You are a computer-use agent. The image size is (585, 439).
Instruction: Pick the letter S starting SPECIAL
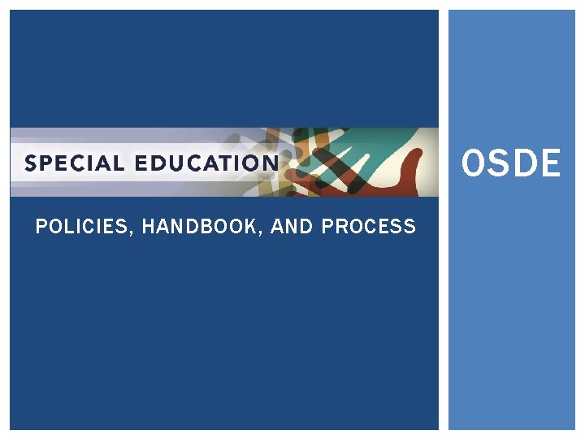coord(31,163)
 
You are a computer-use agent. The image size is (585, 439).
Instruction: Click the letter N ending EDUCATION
coord(270,163)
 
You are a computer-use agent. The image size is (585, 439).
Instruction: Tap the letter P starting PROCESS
coord(327,227)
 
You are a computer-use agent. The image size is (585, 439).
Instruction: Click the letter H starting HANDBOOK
coord(147,227)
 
